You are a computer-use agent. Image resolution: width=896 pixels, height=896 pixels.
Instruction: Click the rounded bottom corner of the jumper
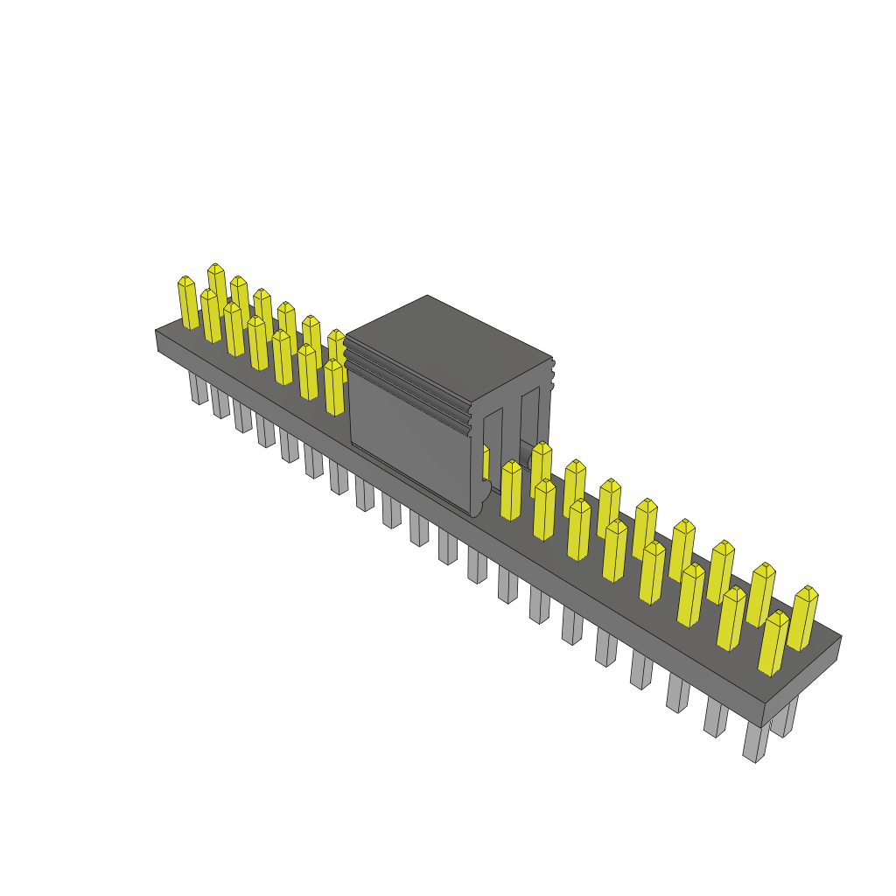click(478, 507)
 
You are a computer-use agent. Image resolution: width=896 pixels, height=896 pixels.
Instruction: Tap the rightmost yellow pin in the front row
click(773, 643)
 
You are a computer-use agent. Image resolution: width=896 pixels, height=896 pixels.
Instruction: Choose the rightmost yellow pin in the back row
click(802, 618)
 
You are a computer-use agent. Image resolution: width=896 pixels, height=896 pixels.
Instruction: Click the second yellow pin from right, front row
click(731, 619)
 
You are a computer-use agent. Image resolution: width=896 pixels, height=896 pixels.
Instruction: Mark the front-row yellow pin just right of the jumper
click(511, 491)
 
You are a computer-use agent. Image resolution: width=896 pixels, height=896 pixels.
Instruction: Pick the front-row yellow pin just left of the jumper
click(334, 387)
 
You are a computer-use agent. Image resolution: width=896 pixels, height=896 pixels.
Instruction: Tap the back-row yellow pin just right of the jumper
click(542, 468)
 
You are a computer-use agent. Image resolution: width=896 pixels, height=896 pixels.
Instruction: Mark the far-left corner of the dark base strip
click(157, 332)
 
